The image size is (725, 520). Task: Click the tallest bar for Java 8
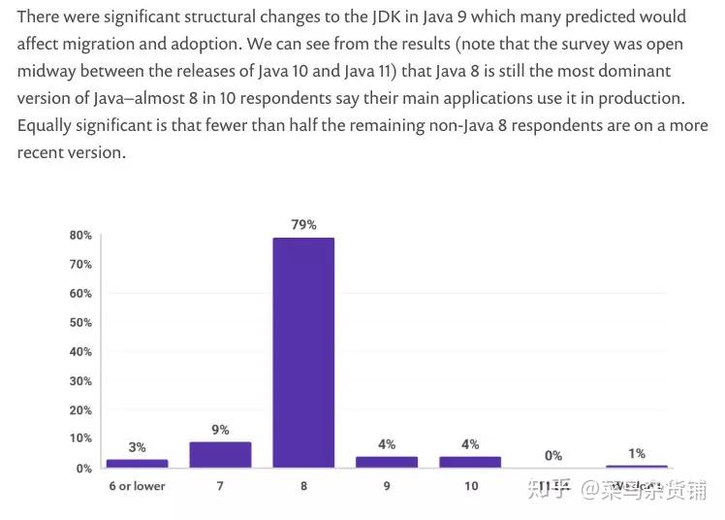pyautogui.click(x=303, y=352)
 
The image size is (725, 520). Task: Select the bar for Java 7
pyautogui.click(x=220, y=455)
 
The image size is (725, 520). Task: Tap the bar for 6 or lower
pyautogui.click(x=137, y=463)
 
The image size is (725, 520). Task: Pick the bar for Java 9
pyautogui.click(x=387, y=462)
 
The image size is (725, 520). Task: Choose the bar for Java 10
pyautogui.click(x=470, y=462)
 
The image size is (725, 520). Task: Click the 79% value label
pyautogui.click(x=303, y=224)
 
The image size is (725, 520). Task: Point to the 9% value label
pyautogui.click(x=220, y=429)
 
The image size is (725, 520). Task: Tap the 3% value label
pyautogui.click(x=137, y=447)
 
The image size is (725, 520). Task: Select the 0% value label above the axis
pyautogui.click(x=553, y=455)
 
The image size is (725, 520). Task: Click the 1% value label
pyautogui.click(x=637, y=453)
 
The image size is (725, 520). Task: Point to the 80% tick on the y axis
pyautogui.click(x=80, y=235)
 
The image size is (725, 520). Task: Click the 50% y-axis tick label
pyautogui.click(x=80, y=322)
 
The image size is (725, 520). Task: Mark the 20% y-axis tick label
pyautogui.click(x=80, y=409)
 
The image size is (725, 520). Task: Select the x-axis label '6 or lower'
pyautogui.click(x=137, y=485)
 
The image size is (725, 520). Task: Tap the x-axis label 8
pyautogui.click(x=303, y=485)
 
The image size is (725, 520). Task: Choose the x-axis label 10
pyautogui.click(x=470, y=485)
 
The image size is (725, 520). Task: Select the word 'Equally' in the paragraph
pyautogui.click(x=46, y=126)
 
